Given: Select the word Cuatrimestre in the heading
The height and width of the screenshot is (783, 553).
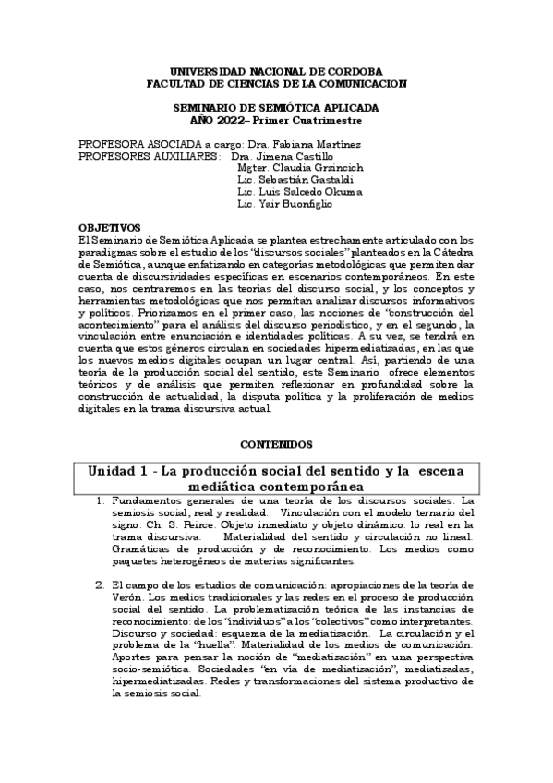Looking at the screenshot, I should tap(322, 121).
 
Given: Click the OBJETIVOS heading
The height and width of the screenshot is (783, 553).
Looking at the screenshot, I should tap(110, 227).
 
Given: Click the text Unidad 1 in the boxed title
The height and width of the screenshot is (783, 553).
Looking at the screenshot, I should tap(120, 471).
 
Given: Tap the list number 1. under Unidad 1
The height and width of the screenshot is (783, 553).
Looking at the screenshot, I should tap(102, 501).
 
